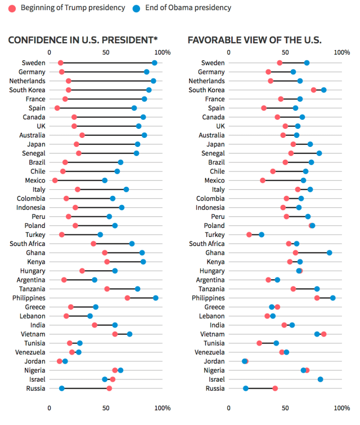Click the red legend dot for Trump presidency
(12, 8)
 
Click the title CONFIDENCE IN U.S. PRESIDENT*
(83, 40)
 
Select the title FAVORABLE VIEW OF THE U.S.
(254, 40)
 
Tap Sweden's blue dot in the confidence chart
(155, 62)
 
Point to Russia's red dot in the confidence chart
(109, 388)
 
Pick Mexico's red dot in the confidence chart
(55, 180)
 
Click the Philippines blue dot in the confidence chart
(156, 298)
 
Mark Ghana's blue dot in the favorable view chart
(329, 253)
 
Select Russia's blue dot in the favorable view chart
(246, 388)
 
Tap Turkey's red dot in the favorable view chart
(249, 234)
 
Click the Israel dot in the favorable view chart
(321, 379)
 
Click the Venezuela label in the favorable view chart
(209, 352)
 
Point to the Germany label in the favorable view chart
(211, 71)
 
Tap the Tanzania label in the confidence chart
(31, 289)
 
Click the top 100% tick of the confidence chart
(162, 52)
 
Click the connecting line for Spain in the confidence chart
(96, 108)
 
